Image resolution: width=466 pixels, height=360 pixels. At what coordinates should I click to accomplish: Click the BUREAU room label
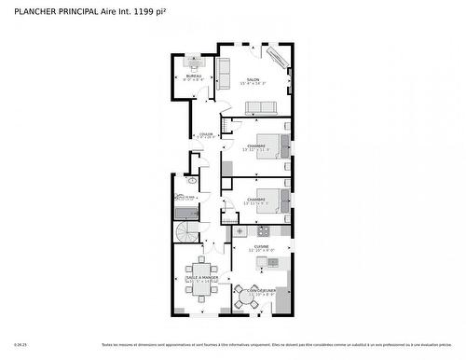click(193, 76)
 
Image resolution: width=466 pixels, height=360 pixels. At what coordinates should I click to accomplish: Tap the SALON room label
click(253, 79)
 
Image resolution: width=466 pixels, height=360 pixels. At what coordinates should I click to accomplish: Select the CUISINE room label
click(262, 247)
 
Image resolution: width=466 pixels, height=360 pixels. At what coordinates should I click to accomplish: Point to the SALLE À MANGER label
click(202, 278)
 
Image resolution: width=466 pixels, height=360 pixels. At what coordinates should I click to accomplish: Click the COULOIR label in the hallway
click(205, 134)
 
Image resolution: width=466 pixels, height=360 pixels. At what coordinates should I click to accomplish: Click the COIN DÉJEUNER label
click(250, 291)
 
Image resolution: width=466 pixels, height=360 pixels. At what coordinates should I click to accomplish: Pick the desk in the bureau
click(194, 64)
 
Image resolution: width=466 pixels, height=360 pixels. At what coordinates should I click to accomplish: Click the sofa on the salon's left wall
click(224, 70)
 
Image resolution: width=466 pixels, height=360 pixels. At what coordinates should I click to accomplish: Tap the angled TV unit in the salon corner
click(279, 59)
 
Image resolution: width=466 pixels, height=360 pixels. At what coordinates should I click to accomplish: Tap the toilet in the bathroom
click(178, 197)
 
